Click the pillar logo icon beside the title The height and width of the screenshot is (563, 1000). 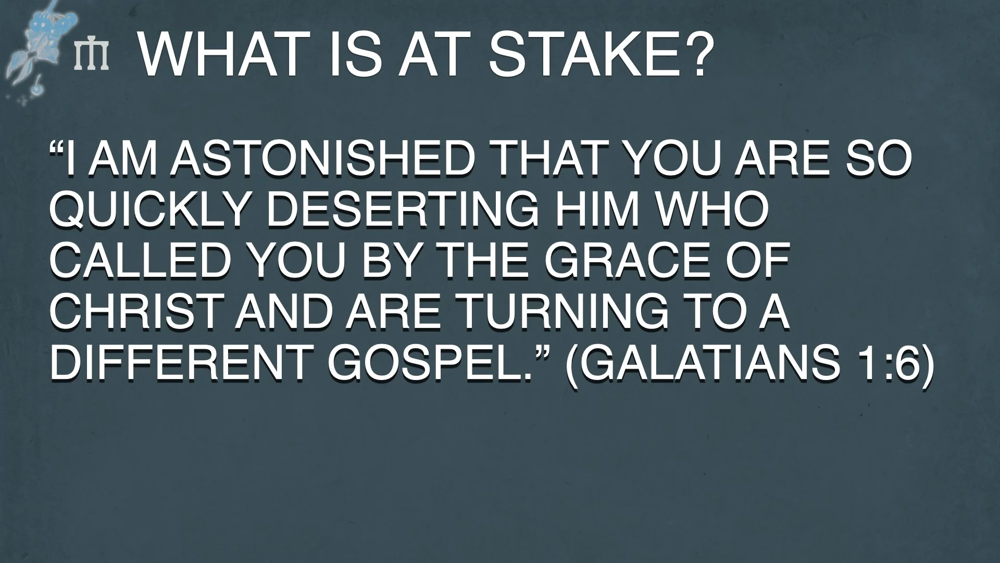click(x=92, y=56)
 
